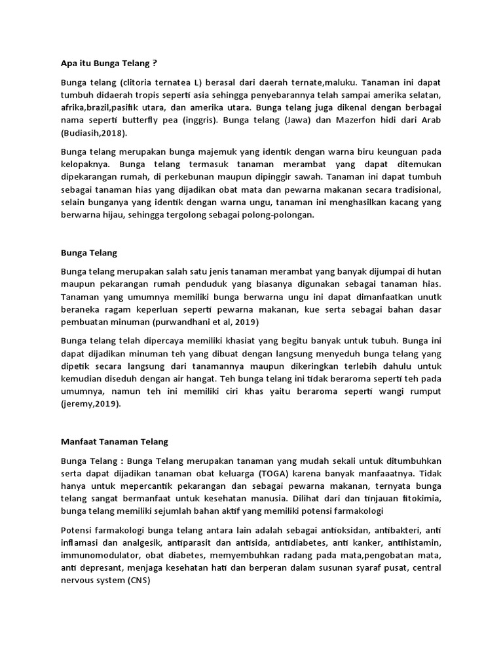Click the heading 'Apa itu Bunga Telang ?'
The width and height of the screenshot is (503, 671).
(x=109, y=64)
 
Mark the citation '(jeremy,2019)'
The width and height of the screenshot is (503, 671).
(x=91, y=404)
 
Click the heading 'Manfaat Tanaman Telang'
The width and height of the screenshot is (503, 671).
(x=115, y=442)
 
